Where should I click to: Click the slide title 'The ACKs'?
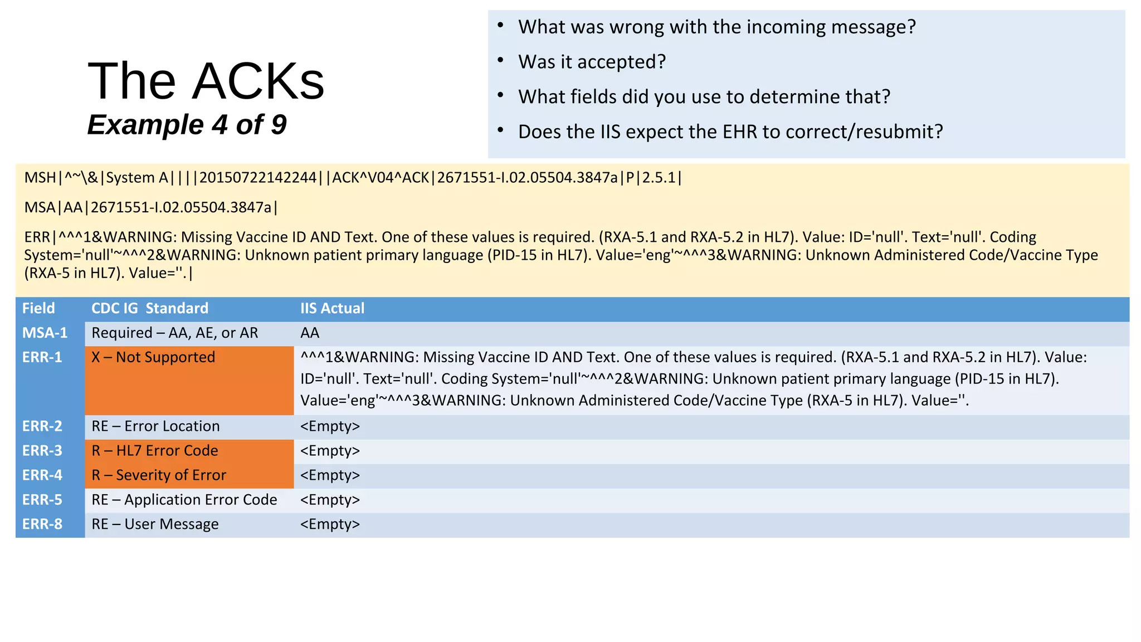tap(206, 81)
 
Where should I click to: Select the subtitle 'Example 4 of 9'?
tap(187, 124)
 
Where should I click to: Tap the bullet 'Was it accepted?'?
tap(592, 62)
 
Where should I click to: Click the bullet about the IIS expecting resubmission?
tap(730, 132)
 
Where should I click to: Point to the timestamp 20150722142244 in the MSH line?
tap(258, 178)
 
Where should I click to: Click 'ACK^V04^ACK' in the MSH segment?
tap(381, 178)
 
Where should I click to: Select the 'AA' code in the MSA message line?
tap(73, 208)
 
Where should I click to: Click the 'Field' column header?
tap(38, 308)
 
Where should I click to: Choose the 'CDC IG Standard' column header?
tap(150, 308)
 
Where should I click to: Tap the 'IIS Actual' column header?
tap(332, 308)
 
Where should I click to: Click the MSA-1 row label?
tap(45, 333)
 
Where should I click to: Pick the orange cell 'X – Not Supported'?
tap(153, 357)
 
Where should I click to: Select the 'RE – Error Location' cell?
tap(155, 426)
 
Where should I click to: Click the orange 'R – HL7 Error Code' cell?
tap(155, 451)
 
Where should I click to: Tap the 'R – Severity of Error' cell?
tap(159, 475)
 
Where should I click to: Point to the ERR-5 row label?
tap(42, 500)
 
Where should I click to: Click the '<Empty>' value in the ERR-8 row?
tap(330, 524)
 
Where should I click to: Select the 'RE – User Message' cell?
tap(155, 524)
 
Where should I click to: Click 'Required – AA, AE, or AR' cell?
tap(175, 333)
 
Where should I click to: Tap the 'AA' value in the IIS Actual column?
tap(310, 333)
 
